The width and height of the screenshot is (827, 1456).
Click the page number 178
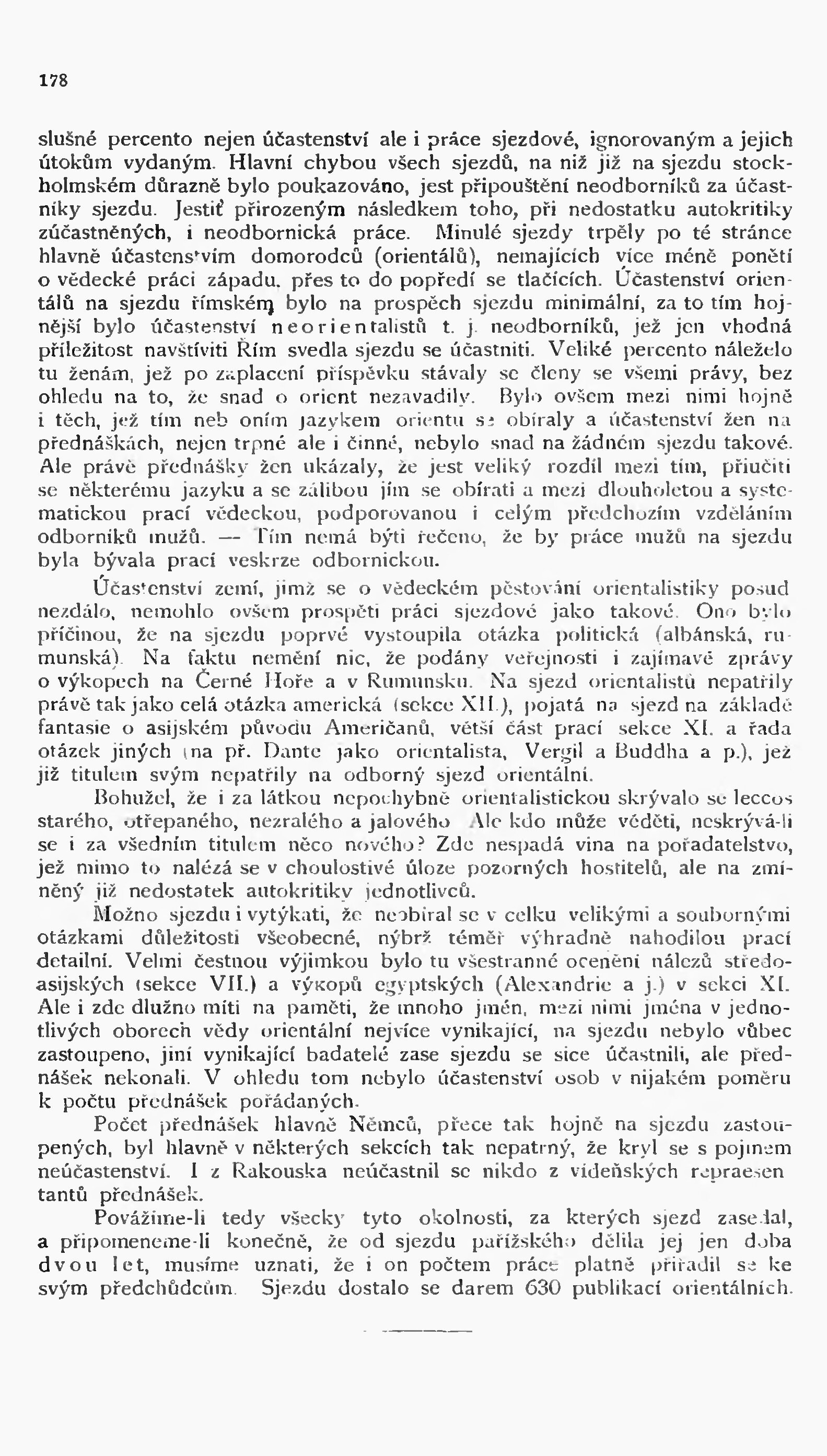[x=53, y=80]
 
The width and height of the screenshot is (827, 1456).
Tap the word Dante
[x=293, y=751]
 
